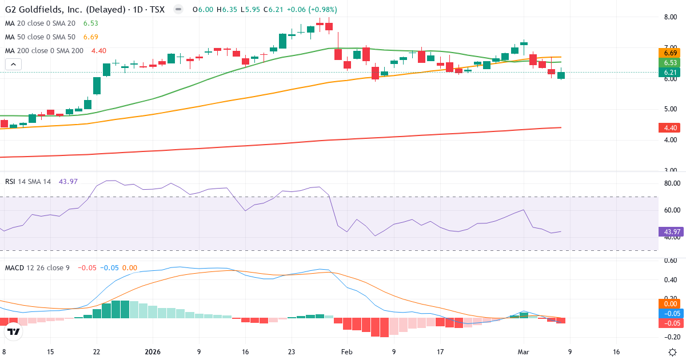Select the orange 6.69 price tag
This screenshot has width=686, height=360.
click(x=671, y=53)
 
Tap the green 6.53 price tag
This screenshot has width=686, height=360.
click(x=671, y=63)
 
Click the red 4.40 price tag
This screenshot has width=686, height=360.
click(x=671, y=128)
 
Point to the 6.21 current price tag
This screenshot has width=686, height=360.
click(x=671, y=73)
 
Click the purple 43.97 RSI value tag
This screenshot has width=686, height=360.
click(x=671, y=232)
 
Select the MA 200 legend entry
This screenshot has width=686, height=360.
click(x=44, y=51)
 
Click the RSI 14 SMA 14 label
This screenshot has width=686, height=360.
click(x=28, y=182)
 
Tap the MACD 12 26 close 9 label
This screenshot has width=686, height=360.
click(x=37, y=267)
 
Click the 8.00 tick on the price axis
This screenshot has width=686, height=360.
click(x=670, y=17)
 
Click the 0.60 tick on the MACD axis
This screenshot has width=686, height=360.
click(x=670, y=261)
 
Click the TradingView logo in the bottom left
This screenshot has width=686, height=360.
click(x=14, y=331)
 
